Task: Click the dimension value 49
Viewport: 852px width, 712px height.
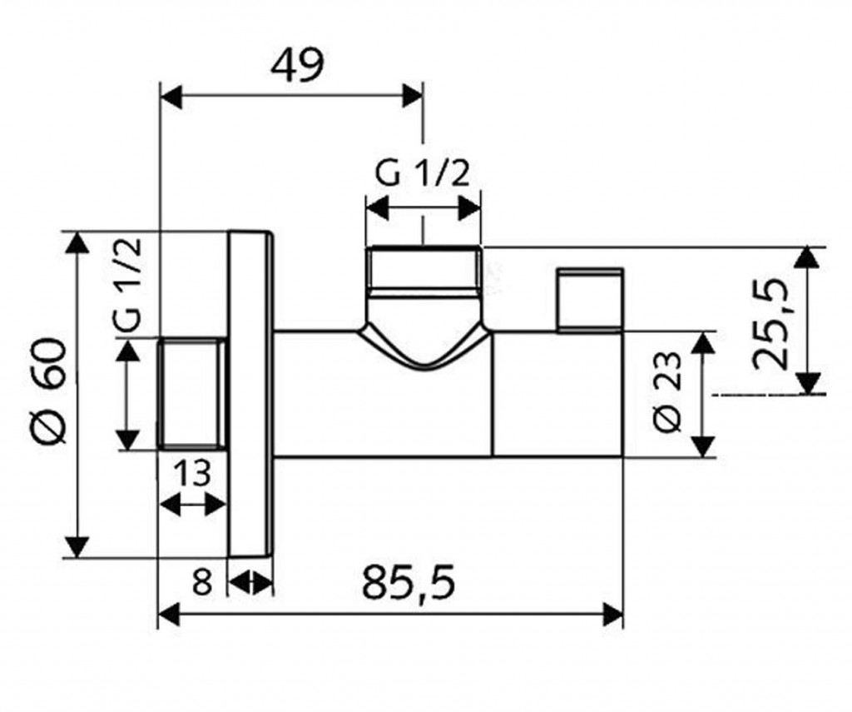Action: click(x=296, y=64)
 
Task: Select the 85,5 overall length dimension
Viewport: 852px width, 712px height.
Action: click(x=409, y=583)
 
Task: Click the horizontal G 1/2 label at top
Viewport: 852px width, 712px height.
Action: click(x=424, y=174)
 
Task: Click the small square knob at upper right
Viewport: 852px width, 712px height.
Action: click(x=589, y=299)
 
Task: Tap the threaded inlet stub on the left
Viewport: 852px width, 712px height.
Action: click(x=191, y=393)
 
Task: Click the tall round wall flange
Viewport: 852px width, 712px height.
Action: click(x=250, y=393)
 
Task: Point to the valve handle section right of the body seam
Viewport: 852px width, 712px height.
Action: click(x=557, y=393)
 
